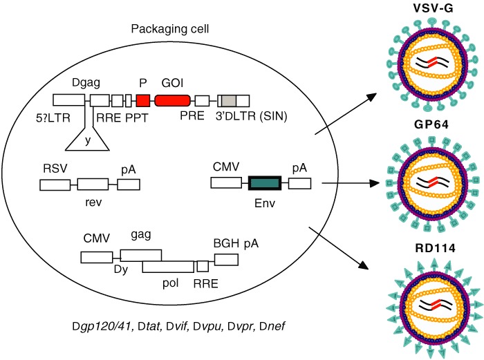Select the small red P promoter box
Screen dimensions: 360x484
143,100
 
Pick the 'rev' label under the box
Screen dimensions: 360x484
92,200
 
